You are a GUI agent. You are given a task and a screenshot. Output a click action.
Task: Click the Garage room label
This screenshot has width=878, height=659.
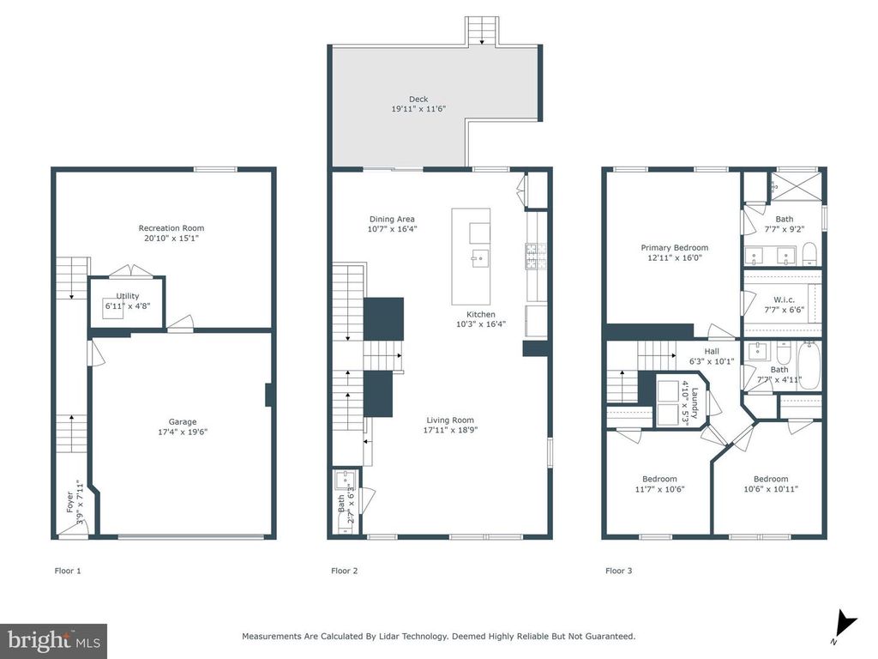(x=183, y=422)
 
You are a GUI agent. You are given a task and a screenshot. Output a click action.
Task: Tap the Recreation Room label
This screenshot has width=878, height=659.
(x=171, y=228)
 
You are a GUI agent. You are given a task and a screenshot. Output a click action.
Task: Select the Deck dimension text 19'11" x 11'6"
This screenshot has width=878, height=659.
(x=418, y=109)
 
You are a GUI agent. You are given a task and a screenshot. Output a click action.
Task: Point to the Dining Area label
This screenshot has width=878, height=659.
(x=392, y=219)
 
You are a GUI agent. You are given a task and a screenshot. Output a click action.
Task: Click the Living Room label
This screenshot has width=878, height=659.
(x=450, y=420)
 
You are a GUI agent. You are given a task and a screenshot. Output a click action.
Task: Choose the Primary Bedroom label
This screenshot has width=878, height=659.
(x=675, y=248)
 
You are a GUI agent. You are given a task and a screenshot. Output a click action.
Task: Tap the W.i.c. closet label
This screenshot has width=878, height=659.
(x=784, y=299)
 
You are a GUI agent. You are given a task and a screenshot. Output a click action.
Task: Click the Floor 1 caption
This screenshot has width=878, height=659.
(x=68, y=571)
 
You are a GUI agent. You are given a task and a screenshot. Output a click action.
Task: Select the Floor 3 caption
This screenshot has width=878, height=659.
(x=619, y=571)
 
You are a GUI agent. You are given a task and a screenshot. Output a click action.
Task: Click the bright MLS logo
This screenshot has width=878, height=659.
(x=54, y=640)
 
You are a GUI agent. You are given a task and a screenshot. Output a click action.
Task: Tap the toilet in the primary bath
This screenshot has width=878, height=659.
(x=809, y=254)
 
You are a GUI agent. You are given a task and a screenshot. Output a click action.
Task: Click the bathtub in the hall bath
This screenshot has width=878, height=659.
(x=809, y=365)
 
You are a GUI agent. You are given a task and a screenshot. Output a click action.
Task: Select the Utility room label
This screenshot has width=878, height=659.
(x=128, y=296)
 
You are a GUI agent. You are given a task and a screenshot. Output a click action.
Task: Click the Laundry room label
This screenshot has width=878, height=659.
(x=695, y=403)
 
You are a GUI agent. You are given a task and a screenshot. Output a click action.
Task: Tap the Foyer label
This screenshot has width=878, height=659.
(x=70, y=502)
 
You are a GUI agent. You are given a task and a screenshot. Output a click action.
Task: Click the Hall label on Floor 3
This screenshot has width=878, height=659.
(x=712, y=351)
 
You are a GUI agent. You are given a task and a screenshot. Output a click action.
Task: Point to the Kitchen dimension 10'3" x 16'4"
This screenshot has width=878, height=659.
(x=481, y=323)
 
